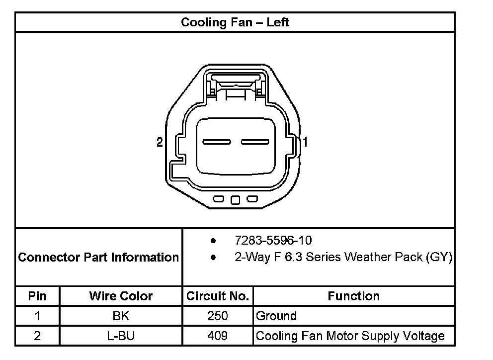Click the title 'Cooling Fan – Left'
(x=235, y=22)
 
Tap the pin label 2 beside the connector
(x=160, y=142)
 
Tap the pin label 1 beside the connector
(x=305, y=142)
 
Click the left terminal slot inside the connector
(x=217, y=142)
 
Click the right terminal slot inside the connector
(x=255, y=142)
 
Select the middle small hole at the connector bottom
(x=235, y=200)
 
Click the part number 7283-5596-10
(x=273, y=241)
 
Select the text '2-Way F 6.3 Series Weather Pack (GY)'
(x=343, y=257)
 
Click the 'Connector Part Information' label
(x=98, y=258)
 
